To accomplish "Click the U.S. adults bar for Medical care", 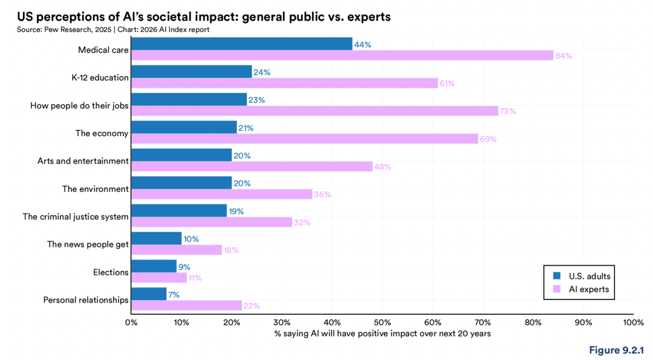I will (x=242, y=44).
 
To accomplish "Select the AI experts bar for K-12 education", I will (x=284, y=83).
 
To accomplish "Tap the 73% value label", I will (x=508, y=111).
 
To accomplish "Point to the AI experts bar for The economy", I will (x=304, y=139).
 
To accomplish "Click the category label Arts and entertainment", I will (x=83, y=161).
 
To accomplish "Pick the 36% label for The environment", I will (x=322, y=195).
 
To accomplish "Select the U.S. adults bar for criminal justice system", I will (x=179, y=211).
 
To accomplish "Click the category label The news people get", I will (x=88, y=244).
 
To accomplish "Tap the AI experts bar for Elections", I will (x=159, y=278).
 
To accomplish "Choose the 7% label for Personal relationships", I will (x=174, y=295).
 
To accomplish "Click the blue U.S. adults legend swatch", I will (x=557, y=276).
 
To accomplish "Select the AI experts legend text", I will (x=589, y=289).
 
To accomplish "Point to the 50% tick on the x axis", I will (x=382, y=322).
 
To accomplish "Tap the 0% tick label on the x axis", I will (x=131, y=322).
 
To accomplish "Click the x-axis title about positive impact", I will (x=382, y=333).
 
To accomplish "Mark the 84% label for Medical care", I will (x=564, y=56).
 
